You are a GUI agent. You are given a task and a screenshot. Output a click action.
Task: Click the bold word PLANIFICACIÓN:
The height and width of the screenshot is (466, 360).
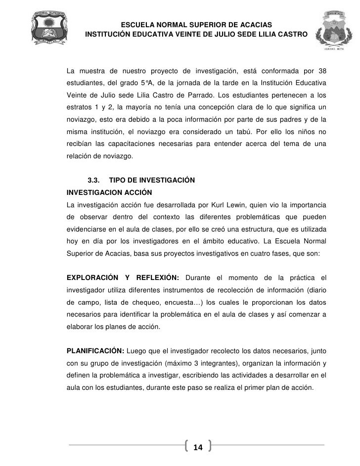95,352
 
